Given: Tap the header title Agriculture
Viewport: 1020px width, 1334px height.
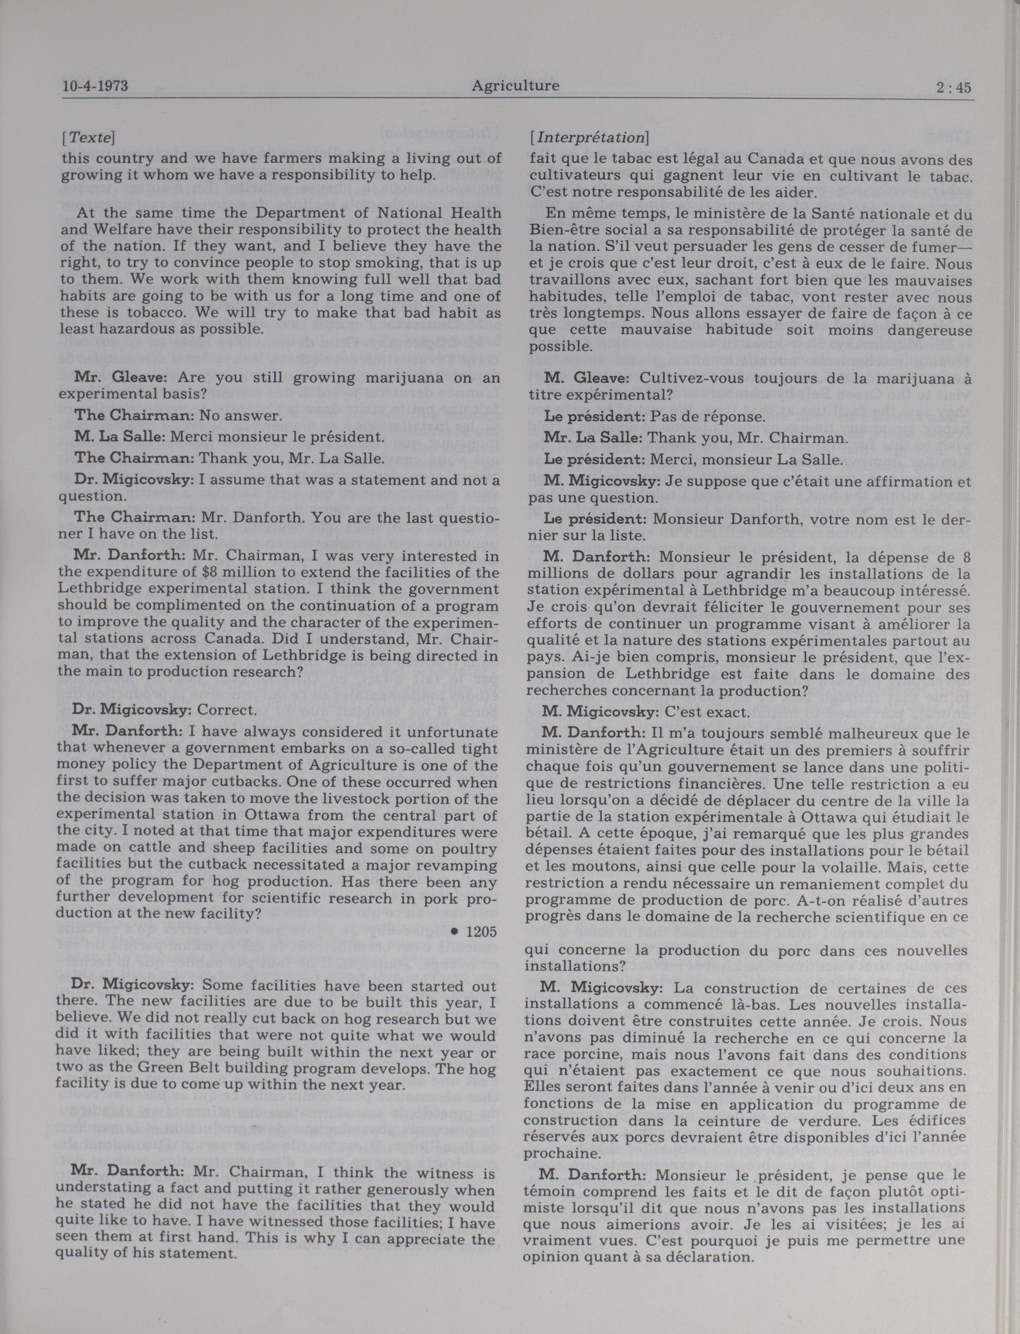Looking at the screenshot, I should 515,86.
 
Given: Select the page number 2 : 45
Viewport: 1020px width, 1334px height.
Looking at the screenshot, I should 953,87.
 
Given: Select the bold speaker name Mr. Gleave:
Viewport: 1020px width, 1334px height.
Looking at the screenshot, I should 106,377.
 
